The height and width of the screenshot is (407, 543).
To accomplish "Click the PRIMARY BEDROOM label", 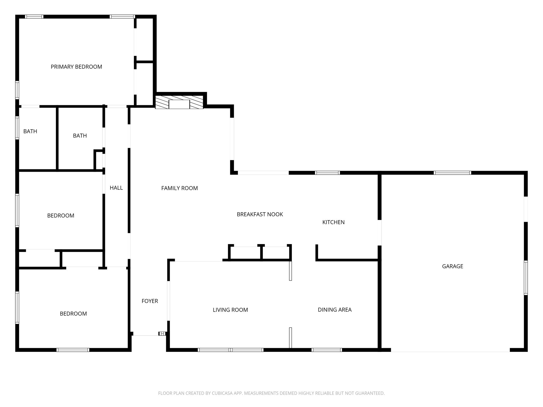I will click(76, 67).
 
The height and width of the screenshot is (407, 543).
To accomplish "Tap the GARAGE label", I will click(452, 266).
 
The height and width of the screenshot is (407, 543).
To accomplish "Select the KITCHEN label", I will click(333, 222).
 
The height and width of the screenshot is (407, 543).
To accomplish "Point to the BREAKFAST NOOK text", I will click(260, 214).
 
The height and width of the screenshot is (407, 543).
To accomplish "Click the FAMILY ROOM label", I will click(179, 188).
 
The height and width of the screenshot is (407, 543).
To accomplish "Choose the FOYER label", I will click(150, 301).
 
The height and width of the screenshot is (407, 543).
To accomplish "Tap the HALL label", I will click(116, 188).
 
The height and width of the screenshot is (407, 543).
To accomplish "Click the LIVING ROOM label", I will click(230, 310).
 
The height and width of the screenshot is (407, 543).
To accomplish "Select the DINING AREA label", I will click(334, 309).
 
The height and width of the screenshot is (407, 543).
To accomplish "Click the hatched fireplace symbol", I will click(179, 103).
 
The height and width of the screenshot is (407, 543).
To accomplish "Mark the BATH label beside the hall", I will click(80, 136).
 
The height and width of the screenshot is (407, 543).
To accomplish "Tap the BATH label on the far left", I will click(30, 131).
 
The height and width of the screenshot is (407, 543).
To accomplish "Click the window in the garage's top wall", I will click(452, 173).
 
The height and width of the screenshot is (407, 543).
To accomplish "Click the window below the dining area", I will click(327, 350).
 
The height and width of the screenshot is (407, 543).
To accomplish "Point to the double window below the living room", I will click(231, 350).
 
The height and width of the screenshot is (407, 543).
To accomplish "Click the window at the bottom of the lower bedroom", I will click(73, 350).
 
